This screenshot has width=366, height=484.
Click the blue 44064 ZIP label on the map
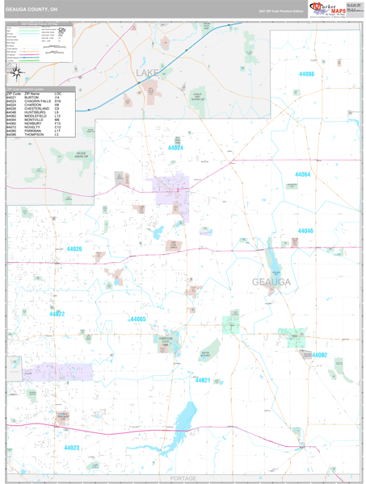point(302,174)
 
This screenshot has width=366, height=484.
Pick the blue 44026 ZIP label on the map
point(74,249)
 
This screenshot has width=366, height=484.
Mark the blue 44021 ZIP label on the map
point(202,380)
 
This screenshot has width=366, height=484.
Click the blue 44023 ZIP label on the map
point(72,447)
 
